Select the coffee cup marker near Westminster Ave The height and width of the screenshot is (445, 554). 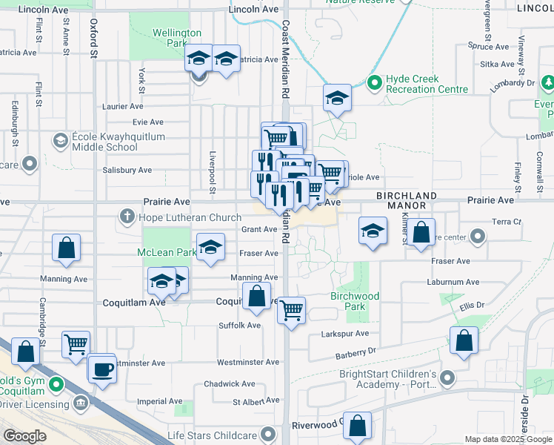pyautogui.click(x=102, y=369)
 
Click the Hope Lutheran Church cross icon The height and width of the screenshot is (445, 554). pyautogui.click(x=127, y=217)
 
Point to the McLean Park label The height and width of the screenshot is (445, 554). pyautogui.click(x=166, y=253)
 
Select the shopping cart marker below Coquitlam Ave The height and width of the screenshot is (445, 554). pyautogui.click(x=291, y=310)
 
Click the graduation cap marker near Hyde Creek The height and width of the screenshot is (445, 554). pyautogui.click(x=336, y=99)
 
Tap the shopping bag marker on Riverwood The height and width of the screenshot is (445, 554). pyautogui.click(x=358, y=426)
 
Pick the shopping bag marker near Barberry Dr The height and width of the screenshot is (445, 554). pyautogui.click(x=464, y=341)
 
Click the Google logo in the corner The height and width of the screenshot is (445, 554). pyautogui.click(x=24, y=436)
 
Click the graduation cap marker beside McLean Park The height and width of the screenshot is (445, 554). pyautogui.click(x=211, y=248)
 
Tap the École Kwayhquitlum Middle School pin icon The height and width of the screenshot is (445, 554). pyautogui.click(x=60, y=140)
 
